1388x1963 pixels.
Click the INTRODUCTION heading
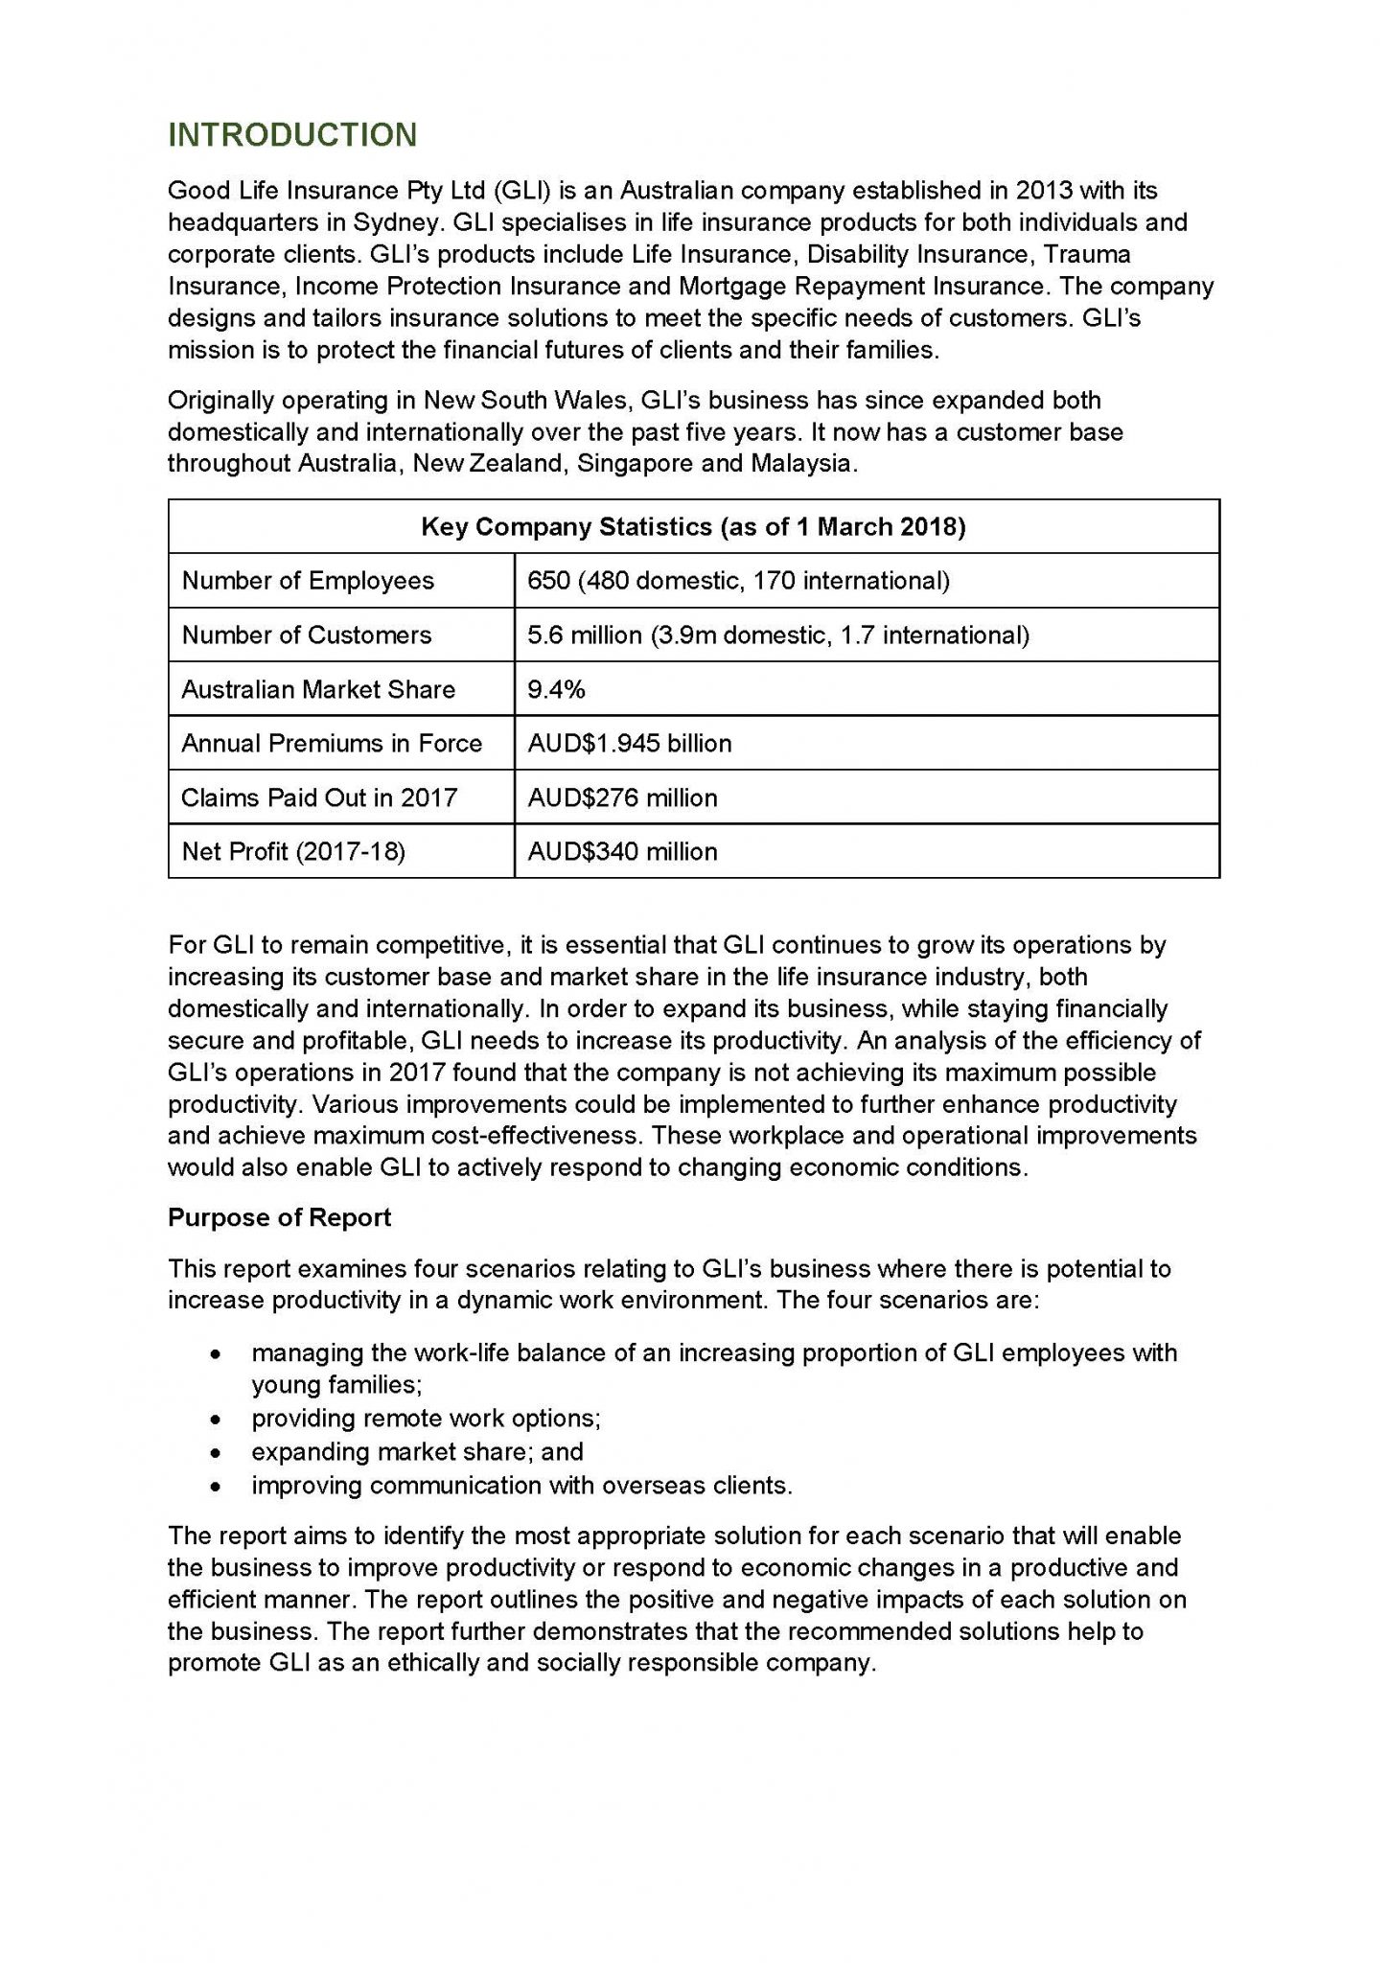(x=292, y=135)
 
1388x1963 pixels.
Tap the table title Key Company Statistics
(x=693, y=527)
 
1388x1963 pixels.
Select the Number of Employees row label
(x=308, y=581)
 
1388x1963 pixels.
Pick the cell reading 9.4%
(x=557, y=689)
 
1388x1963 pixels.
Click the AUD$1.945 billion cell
(x=630, y=744)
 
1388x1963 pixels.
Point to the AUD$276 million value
(x=622, y=797)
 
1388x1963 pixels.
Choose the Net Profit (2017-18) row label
(x=293, y=851)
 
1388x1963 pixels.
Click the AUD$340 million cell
(x=622, y=851)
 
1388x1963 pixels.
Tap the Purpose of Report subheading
(x=279, y=1217)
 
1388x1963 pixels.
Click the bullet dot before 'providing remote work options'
(x=219, y=1419)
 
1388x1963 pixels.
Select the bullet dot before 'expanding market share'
(x=219, y=1452)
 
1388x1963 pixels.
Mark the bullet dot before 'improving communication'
(x=219, y=1486)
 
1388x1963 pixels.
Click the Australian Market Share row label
(x=318, y=689)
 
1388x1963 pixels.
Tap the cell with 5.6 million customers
(x=778, y=635)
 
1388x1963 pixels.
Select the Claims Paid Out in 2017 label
(x=319, y=797)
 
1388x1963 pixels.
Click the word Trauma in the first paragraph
(x=1087, y=254)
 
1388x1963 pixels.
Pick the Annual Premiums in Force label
(x=332, y=744)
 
